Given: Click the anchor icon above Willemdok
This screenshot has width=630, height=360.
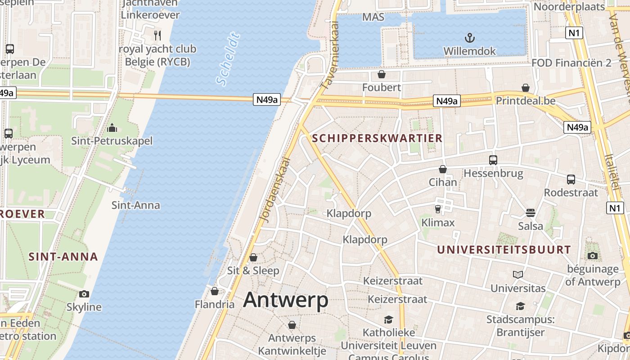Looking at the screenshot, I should [470, 37].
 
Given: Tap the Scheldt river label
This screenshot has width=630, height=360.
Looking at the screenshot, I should [228, 58].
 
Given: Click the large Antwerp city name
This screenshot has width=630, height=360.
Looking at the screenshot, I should [286, 300].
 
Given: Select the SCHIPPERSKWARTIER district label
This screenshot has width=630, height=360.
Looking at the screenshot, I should [377, 138].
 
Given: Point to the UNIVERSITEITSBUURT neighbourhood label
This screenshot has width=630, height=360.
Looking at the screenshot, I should [504, 250].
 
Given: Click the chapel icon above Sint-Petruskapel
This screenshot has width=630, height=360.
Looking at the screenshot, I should [112, 128].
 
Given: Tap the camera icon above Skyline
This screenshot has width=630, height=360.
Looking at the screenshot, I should [84, 294].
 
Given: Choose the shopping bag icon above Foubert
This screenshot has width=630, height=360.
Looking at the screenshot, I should [382, 74].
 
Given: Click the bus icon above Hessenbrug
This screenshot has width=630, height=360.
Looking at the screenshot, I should [493, 160].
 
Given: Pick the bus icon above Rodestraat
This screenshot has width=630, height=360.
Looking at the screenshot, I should [571, 179].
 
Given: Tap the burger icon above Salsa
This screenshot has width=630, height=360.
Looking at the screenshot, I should [531, 212].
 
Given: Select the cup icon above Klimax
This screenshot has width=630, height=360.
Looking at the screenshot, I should [438, 209].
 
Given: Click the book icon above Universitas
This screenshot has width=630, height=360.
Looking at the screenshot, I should [518, 274].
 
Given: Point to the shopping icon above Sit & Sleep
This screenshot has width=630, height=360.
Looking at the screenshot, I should [253, 257].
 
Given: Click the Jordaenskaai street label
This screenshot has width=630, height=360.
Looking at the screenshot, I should [274, 189].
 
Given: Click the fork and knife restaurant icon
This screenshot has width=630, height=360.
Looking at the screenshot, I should [157, 35].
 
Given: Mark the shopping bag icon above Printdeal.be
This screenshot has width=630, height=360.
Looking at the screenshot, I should [525, 87].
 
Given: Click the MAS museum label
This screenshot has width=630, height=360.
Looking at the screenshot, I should [373, 17].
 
